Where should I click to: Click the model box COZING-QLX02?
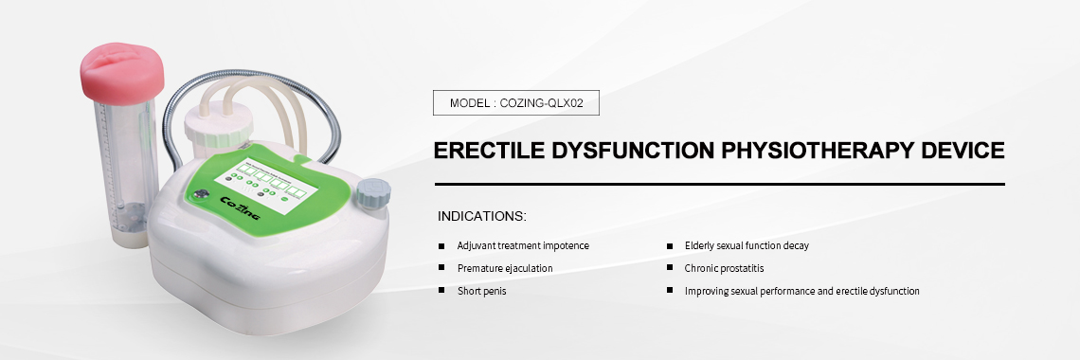[515, 102]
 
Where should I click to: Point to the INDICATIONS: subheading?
[482, 217]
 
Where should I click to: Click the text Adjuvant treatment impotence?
[523, 245]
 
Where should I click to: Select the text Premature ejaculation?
[505, 268]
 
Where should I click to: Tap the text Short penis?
[482, 291]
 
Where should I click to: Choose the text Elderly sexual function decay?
[747, 245]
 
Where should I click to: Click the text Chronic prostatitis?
[726, 268]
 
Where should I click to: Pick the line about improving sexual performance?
[802, 291]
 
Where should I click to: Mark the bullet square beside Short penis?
[441, 291]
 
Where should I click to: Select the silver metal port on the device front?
[202, 197]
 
